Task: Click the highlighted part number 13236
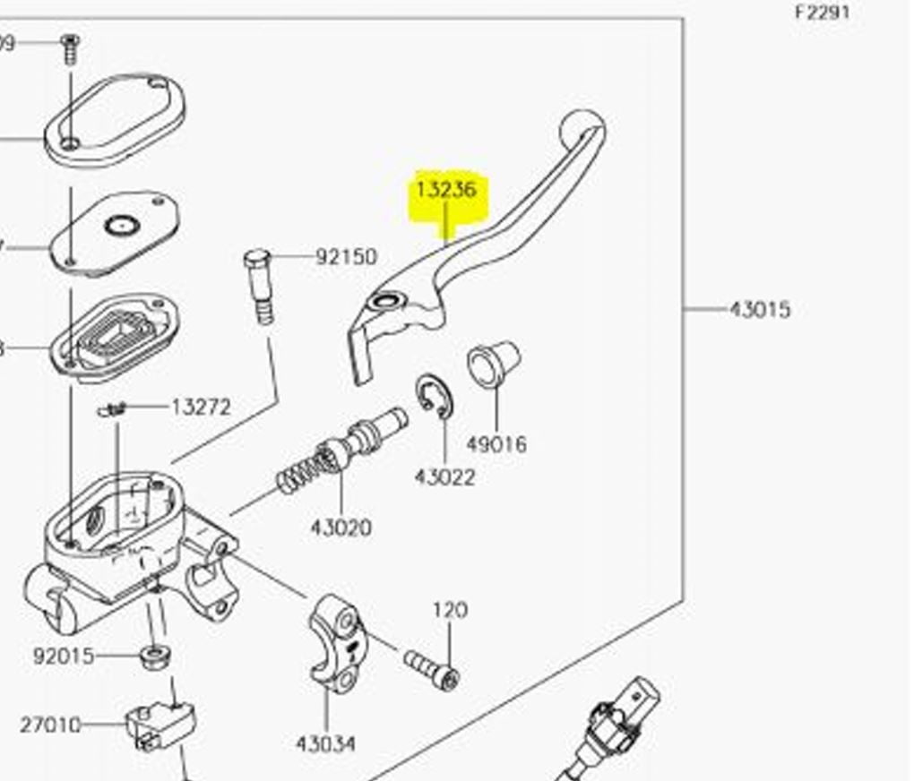445,190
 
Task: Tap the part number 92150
346,257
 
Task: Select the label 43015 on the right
759,310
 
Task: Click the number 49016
496,444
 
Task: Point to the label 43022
444,477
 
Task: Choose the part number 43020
341,528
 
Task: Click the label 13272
201,408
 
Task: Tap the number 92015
63,657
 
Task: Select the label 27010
50,724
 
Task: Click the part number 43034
325,743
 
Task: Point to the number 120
450,610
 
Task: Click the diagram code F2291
822,13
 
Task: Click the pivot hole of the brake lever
387,303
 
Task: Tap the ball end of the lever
582,125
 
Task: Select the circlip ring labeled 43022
434,395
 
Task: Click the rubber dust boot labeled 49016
492,364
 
